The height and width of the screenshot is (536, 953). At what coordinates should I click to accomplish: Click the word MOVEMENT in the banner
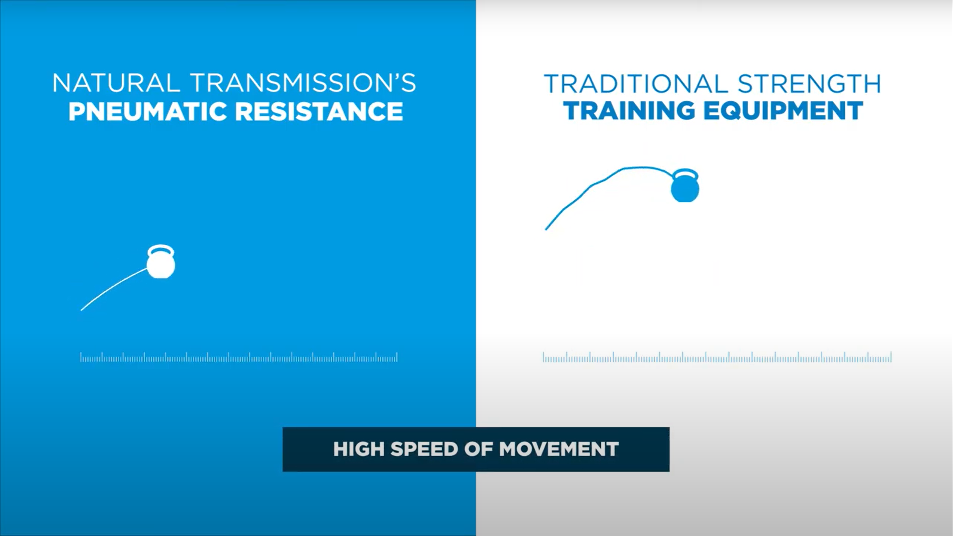click(559, 449)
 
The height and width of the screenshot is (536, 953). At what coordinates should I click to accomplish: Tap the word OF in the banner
click(479, 449)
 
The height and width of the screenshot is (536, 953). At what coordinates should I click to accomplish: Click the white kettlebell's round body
click(161, 265)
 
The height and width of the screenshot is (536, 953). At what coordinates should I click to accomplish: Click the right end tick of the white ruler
click(397, 357)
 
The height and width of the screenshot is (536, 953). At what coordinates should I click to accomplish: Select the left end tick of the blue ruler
click(543, 357)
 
